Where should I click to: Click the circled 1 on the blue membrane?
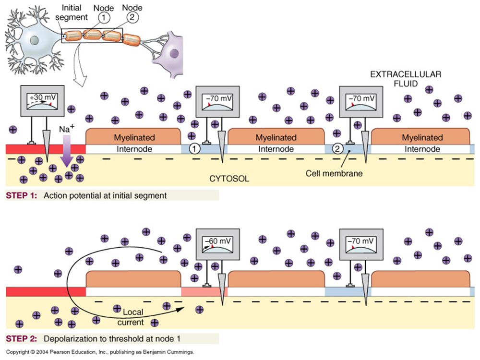point(194,149)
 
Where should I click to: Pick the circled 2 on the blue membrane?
point(337,149)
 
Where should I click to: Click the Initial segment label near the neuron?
point(72,13)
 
